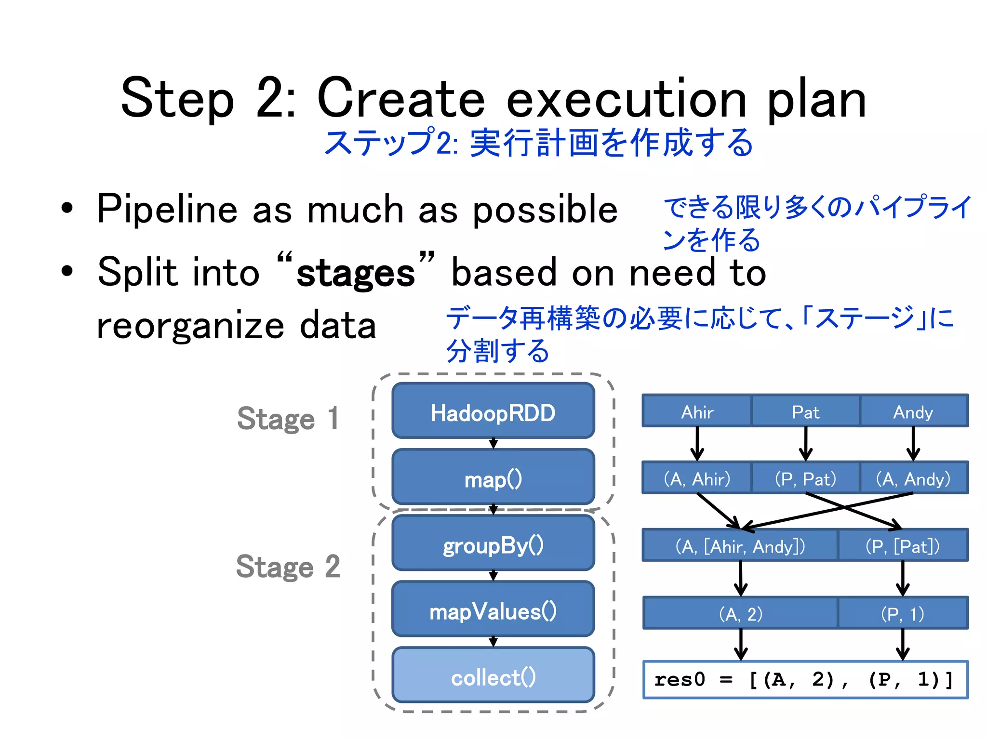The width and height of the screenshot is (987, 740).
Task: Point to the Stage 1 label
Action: tap(288, 418)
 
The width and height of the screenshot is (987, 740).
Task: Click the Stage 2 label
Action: tap(288, 566)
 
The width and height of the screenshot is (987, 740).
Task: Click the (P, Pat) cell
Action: tap(805, 478)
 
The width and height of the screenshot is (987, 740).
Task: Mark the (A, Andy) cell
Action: tap(913, 478)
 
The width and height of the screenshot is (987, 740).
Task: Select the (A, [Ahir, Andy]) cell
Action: tap(740, 545)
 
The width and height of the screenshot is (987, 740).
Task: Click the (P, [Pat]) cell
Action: tap(903, 545)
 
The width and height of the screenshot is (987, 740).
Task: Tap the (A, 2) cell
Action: tap(740, 613)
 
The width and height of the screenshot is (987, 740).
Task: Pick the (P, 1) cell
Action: tap(903, 613)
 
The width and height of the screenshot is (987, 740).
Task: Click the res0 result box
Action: tap(805, 679)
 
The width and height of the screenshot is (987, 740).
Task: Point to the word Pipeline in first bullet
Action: tap(167, 210)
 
